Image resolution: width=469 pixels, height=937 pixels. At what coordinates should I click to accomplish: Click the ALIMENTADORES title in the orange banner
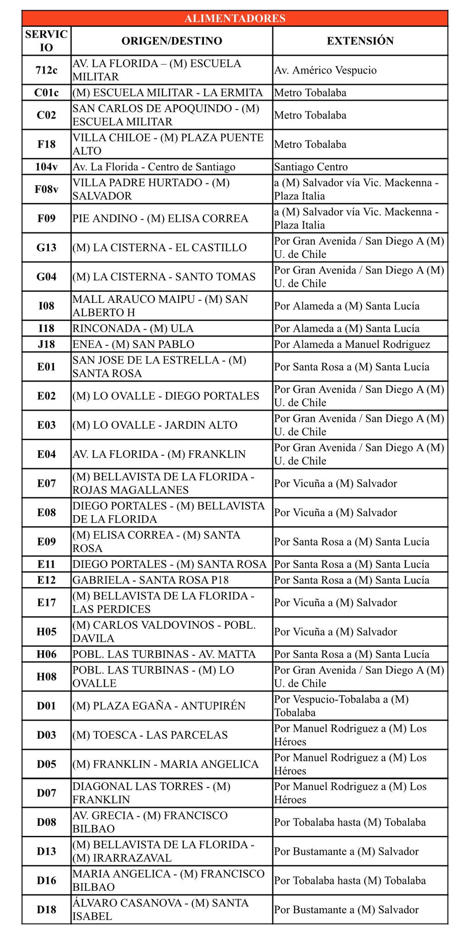[x=234, y=18]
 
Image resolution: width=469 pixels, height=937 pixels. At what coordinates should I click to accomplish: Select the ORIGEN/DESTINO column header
[x=172, y=41]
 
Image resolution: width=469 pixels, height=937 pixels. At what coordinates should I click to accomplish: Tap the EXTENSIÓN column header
[x=360, y=41]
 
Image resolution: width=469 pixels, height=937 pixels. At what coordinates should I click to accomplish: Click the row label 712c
[x=46, y=70]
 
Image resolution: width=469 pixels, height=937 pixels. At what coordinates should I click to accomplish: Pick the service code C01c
[x=46, y=92]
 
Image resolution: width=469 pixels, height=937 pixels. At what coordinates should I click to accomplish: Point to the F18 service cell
[x=46, y=144]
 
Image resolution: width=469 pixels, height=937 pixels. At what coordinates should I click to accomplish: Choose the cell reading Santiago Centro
[x=311, y=167]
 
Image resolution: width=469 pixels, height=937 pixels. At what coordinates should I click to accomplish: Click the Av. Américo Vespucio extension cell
[x=325, y=70]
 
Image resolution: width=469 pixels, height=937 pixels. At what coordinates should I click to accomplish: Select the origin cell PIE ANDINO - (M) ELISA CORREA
[x=160, y=218]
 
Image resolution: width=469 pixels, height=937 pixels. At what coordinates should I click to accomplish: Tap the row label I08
[x=46, y=306]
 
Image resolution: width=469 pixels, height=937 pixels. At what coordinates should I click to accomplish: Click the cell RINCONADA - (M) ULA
[x=133, y=328]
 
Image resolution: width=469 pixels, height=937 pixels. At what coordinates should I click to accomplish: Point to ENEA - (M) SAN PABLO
[x=133, y=344]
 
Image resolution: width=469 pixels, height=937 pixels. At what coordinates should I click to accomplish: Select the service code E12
[x=46, y=580]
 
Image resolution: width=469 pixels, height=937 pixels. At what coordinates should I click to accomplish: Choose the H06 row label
[x=46, y=654]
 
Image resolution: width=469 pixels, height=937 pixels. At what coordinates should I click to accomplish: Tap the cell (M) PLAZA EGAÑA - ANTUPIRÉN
[x=158, y=705]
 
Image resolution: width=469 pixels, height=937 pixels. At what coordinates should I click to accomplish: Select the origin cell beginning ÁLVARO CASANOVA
[x=160, y=910]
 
